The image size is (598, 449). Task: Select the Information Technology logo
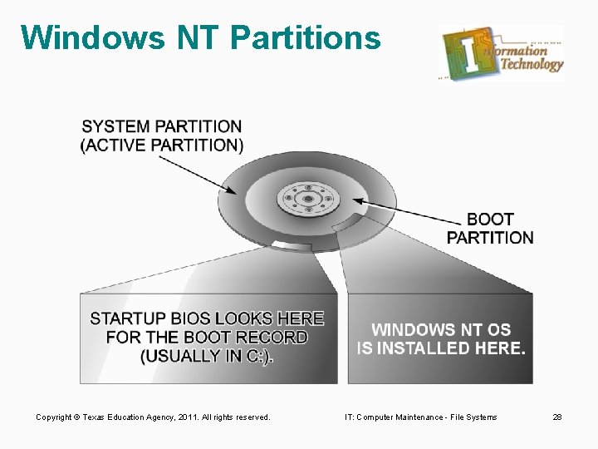tap(502, 53)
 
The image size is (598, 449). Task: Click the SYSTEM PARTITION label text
tap(162, 127)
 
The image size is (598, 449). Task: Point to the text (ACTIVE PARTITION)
tap(162, 146)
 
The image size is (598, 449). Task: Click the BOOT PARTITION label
tap(490, 229)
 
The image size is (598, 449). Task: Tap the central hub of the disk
tap(307, 199)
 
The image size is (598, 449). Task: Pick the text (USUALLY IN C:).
tap(207, 356)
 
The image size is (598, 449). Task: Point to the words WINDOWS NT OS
tap(441, 330)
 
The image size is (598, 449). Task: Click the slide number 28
tap(557, 417)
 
